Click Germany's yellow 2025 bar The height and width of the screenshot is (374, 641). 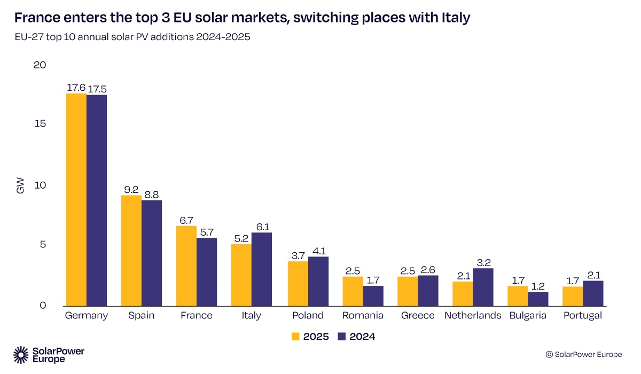[76, 200]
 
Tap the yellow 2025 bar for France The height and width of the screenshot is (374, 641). [186, 266]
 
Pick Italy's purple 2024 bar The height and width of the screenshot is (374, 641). [262, 269]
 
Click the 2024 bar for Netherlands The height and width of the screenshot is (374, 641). [483, 287]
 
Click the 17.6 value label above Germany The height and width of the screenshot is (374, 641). [75, 88]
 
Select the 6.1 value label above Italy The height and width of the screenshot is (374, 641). [262, 227]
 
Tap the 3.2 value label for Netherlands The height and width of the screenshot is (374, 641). [483, 262]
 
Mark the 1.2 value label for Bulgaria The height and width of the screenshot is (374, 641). [538, 286]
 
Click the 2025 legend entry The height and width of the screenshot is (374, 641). [310, 337]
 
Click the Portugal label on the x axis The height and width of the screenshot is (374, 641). [582, 315]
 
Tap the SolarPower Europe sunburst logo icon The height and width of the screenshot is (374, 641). [21, 354]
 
